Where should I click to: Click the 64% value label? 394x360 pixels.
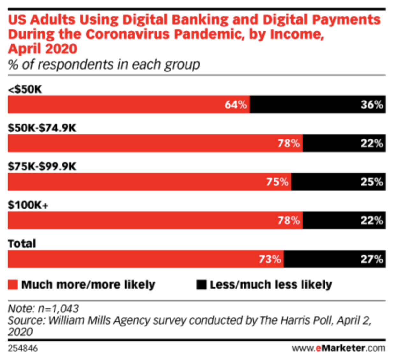(x=236, y=105)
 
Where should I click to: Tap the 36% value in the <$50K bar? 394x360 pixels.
(x=372, y=105)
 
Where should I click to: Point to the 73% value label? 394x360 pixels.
(x=270, y=259)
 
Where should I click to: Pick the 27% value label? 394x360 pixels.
(x=372, y=259)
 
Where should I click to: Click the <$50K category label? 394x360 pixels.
(x=25, y=89)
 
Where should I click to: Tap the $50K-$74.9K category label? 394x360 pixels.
(x=42, y=128)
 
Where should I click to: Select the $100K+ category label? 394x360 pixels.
(x=28, y=205)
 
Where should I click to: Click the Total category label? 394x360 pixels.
(x=22, y=244)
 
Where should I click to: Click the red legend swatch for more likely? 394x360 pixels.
(x=13, y=285)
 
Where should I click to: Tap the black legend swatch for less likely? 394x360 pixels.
(x=201, y=285)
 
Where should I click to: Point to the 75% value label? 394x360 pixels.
(x=277, y=182)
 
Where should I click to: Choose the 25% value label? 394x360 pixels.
(x=372, y=182)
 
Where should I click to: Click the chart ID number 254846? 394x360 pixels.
(x=23, y=348)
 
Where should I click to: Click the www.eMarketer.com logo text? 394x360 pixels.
(x=338, y=348)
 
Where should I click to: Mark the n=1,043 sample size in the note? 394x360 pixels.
(x=58, y=309)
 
